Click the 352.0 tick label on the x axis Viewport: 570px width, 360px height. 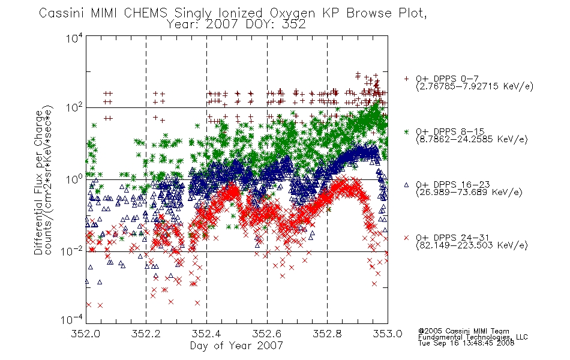[85, 334]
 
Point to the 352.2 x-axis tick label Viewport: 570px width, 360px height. [146, 334]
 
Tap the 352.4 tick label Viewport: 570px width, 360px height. [206, 334]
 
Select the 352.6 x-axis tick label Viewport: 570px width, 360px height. [267, 334]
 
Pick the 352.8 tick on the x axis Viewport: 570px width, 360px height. [327, 334]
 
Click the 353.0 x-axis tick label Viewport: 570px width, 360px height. [388, 334]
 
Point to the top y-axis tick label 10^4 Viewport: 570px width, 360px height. [74, 38]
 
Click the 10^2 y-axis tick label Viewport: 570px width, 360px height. [74, 107]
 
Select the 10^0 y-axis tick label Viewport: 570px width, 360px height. [74, 179]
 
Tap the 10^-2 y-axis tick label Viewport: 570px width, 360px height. [72, 251]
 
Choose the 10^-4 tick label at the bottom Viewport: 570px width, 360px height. [72, 320]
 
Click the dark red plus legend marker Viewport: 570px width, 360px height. [406, 79]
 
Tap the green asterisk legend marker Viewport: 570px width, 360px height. [406, 131]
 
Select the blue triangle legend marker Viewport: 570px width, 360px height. [406, 185]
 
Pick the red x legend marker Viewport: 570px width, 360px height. [406, 238]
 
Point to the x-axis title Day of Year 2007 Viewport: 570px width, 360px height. [236, 346]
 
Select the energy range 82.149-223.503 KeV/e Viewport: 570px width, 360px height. [472, 245]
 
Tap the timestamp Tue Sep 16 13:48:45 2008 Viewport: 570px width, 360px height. [466, 343]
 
